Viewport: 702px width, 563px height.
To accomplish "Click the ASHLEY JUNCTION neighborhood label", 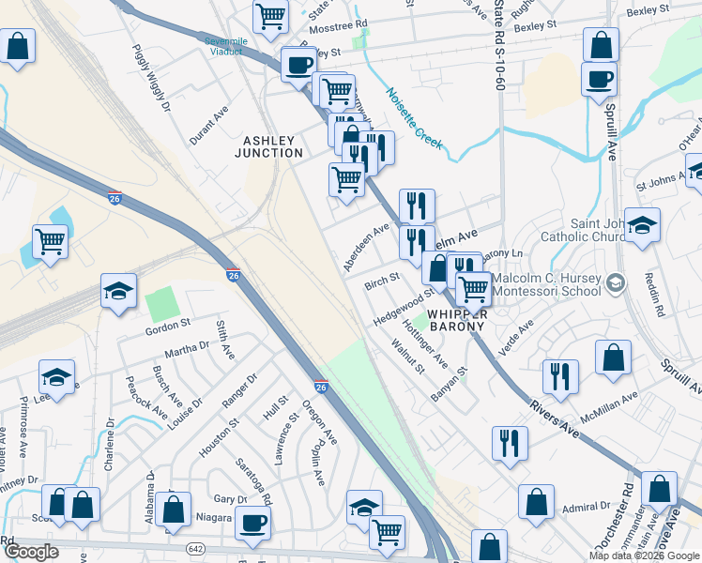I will coord(273,146).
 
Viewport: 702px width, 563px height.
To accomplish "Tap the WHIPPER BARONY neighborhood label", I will coord(455,320).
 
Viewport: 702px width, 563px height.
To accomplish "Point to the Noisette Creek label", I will coord(413,117).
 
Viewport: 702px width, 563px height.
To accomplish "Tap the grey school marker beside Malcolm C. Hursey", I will coord(616,282).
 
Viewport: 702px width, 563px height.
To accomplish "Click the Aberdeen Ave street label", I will coord(366,247).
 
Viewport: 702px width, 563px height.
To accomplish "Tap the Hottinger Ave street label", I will coord(425,346).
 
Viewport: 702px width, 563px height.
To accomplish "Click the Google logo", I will coord(31,551).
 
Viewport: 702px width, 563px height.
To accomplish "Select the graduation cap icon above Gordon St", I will coord(119,292).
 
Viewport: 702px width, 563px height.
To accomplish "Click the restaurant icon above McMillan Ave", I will coord(560,374).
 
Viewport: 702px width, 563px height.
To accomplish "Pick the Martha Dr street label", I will coord(187,350).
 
